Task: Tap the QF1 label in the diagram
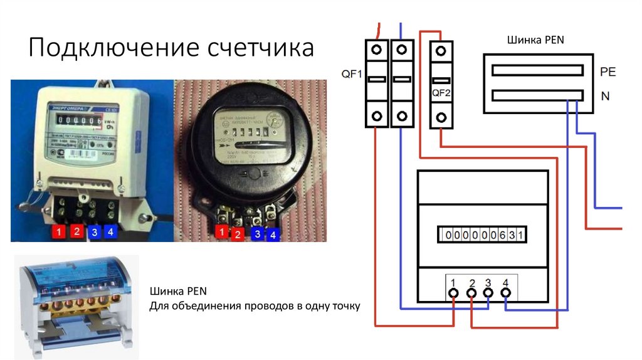point(352,74)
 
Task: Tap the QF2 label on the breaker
point(442,92)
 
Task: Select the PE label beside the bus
point(608,71)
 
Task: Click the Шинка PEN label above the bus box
point(535,41)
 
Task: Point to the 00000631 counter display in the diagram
point(482,235)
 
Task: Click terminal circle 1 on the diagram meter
point(453,292)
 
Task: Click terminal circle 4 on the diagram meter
point(505,292)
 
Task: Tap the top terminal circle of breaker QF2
point(442,51)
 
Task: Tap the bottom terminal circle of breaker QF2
point(442,117)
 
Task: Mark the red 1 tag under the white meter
point(58,232)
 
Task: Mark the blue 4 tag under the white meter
point(110,232)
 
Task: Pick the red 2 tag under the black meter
point(238,235)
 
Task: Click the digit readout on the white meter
point(77,120)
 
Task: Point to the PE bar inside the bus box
point(537,71)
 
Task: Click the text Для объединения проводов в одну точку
point(255,307)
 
